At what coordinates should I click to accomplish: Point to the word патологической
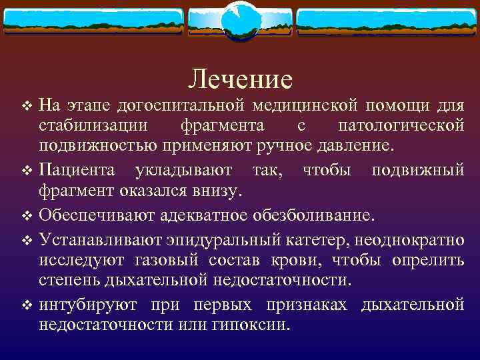point(401,126)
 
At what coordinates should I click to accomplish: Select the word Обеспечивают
point(97,215)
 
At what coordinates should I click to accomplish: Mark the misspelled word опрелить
point(427,261)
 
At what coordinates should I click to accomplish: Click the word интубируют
point(88,305)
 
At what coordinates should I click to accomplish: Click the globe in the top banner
point(240,19)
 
